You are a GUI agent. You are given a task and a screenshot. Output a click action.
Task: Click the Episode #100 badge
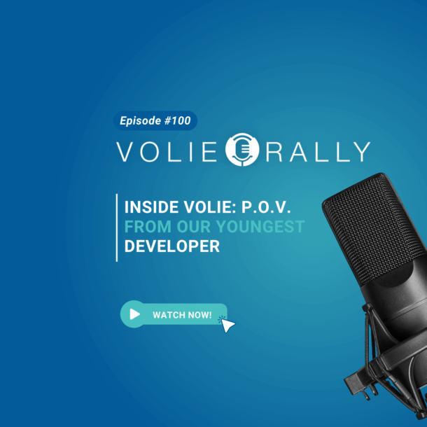[x=155, y=120]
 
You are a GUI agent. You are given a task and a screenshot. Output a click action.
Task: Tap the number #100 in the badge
[x=177, y=120]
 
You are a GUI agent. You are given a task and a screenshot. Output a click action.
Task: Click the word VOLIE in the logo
[x=167, y=152]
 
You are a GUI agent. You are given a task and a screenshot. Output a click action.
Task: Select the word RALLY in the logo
[x=318, y=152]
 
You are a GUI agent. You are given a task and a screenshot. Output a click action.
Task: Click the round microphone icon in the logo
[x=242, y=150]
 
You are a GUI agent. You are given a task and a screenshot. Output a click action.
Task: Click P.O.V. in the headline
[x=266, y=207]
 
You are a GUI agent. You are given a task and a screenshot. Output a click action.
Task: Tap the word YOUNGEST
[x=260, y=227]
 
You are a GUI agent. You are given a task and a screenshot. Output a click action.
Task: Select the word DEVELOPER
[x=171, y=246]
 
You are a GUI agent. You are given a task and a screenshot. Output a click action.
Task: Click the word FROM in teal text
[x=148, y=227]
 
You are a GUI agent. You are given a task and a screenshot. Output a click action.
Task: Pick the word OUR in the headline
[x=194, y=227]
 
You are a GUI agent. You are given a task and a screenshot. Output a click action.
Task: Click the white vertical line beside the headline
[x=117, y=227]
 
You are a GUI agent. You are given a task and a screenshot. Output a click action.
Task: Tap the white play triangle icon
[x=134, y=314]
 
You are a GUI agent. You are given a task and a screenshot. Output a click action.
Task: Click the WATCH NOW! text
[x=182, y=315]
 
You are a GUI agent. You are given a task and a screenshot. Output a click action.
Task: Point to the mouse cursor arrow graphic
[x=227, y=325]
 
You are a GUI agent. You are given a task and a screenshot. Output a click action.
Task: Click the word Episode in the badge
[x=141, y=121]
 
